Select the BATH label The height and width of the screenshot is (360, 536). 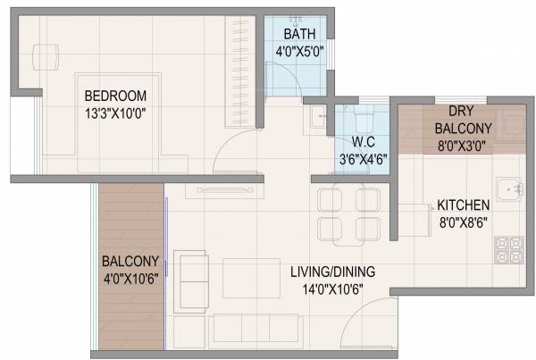[297, 35]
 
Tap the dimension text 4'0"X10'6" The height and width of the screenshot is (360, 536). [130, 278]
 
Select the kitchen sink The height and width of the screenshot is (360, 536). [510, 190]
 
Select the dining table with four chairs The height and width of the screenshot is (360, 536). [348, 213]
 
